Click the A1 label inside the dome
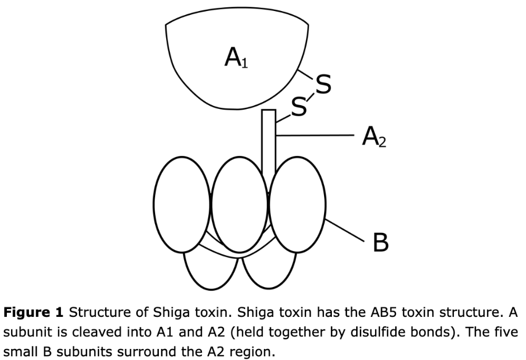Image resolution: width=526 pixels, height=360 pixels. (x=237, y=57)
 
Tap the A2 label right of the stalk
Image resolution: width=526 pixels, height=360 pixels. (x=374, y=137)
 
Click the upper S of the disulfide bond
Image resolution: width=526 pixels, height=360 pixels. (x=323, y=84)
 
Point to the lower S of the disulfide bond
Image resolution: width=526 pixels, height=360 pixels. (x=299, y=107)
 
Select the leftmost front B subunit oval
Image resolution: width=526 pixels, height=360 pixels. (x=182, y=204)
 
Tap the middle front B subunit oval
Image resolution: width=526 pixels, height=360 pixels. (x=239, y=204)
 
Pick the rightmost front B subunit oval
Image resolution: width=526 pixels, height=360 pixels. (x=297, y=204)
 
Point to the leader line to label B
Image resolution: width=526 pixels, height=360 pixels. (x=345, y=230)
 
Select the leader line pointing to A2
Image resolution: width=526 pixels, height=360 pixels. (x=315, y=136)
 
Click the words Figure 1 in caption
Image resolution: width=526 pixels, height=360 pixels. (x=33, y=313)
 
